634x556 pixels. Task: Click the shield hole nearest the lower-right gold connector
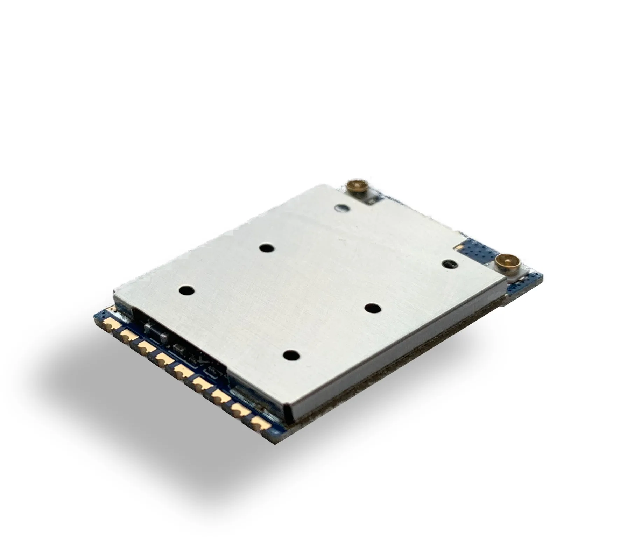[448, 264]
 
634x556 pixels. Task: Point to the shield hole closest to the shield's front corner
[291, 356]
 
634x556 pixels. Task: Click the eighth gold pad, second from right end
[240, 410]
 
